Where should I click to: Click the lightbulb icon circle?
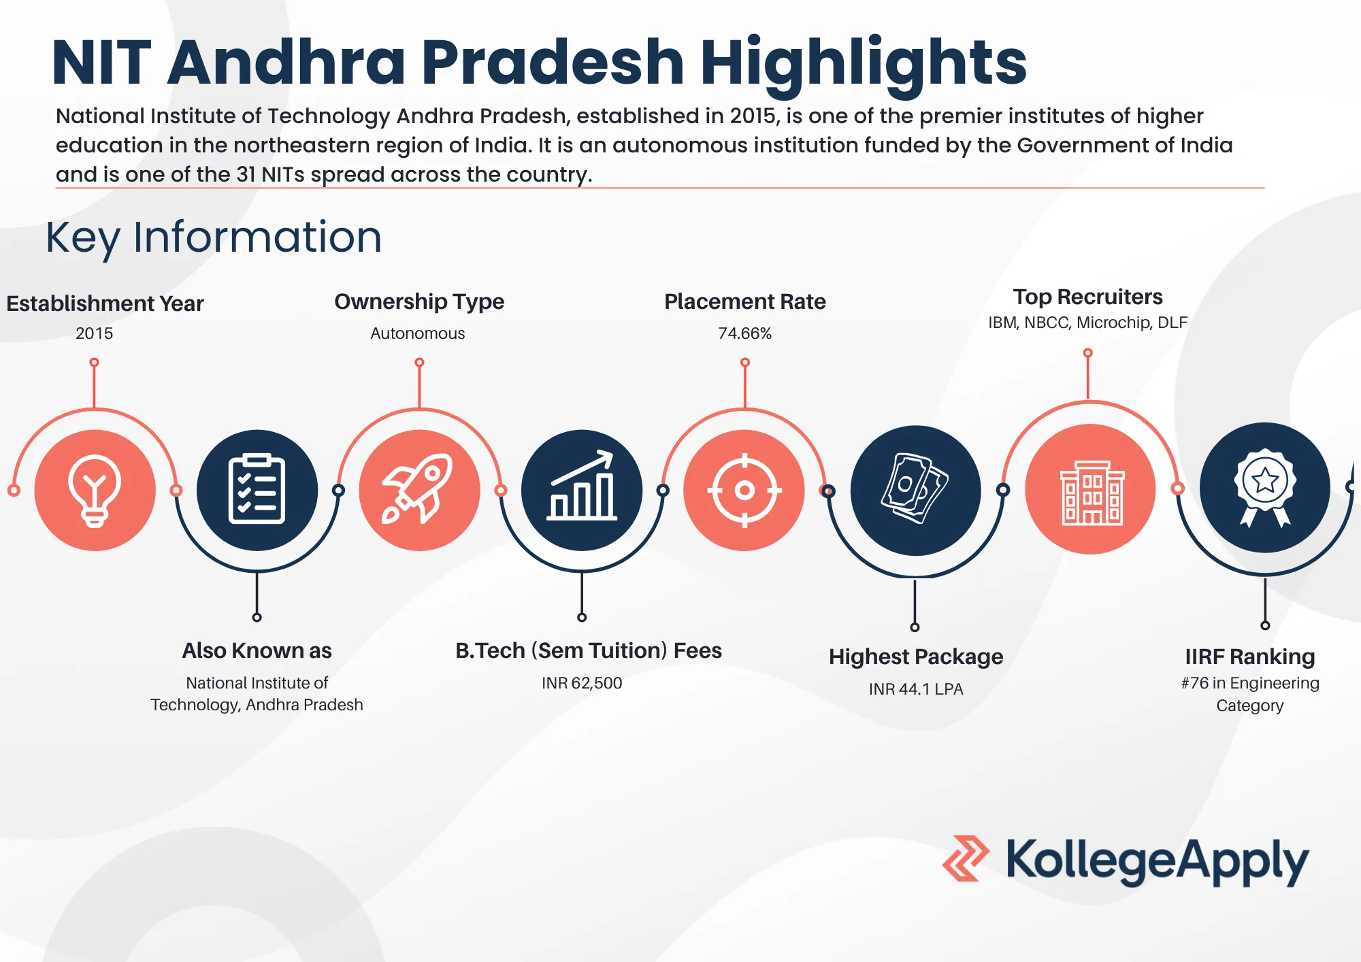(x=95, y=490)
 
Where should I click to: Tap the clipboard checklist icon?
(x=257, y=490)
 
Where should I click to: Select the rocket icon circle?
(x=419, y=490)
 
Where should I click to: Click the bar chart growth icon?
(x=582, y=490)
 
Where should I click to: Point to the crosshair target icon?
(x=744, y=490)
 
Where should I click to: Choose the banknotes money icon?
(x=915, y=490)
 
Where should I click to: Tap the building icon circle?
(x=1090, y=489)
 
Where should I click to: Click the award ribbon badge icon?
(x=1264, y=488)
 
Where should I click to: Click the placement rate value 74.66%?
(x=744, y=333)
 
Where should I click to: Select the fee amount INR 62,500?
(x=582, y=683)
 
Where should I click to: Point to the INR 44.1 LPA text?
(x=916, y=689)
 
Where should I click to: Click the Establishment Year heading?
(x=105, y=303)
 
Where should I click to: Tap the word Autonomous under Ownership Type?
(x=418, y=333)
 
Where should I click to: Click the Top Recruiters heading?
(x=1087, y=297)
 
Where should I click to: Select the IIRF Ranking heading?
(x=1250, y=657)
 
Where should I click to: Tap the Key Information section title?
(x=214, y=237)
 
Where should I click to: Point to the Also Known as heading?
(x=257, y=650)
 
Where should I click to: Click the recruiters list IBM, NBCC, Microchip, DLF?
(x=1087, y=322)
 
